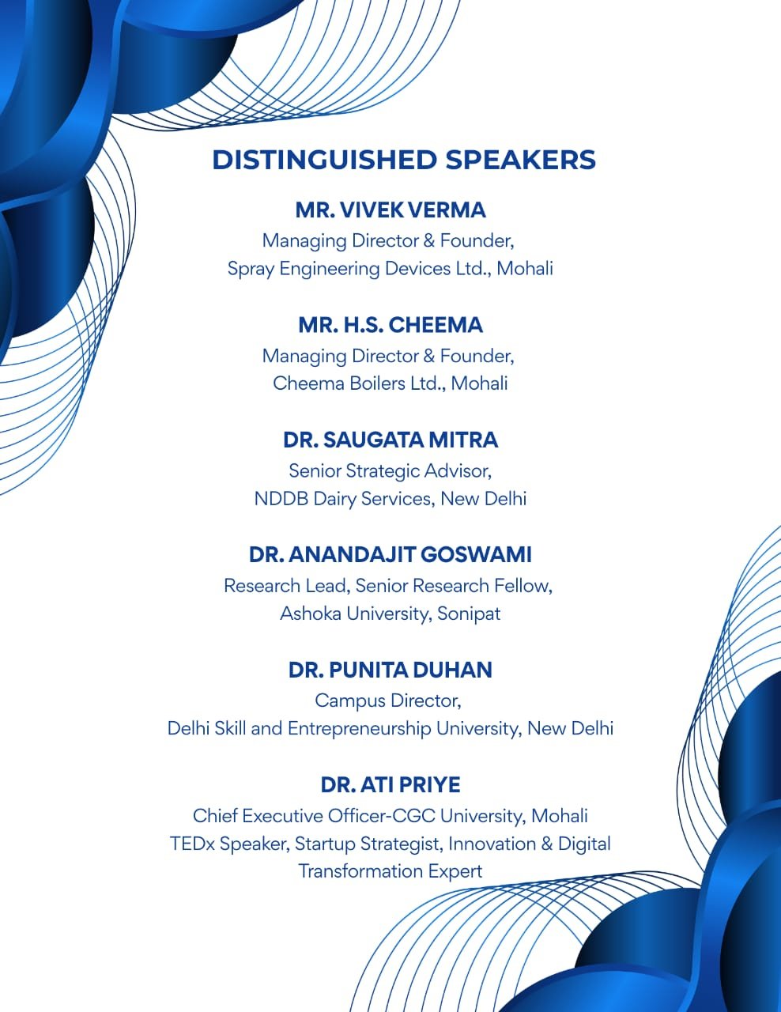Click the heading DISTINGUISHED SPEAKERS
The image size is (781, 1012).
click(404, 160)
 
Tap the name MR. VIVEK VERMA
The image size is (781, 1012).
click(390, 210)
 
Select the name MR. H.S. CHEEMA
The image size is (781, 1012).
click(390, 325)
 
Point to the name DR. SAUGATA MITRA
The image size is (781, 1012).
click(390, 440)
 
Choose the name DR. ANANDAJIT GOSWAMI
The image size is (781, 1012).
click(390, 555)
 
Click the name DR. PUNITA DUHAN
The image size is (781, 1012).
click(390, 670)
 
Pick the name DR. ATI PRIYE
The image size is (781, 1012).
click(390, 785)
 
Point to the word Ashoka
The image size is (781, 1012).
click(309, 614)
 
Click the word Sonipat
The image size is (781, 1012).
click(469, 614)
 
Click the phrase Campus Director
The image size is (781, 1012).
click(387, 701)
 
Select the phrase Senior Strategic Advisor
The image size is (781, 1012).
click(390, 471)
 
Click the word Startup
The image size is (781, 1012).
click(325, 844)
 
